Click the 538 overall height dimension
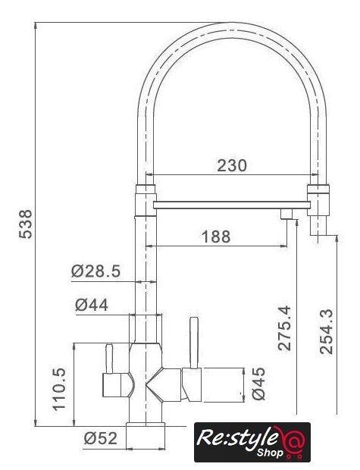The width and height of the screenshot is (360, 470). click(26, 224)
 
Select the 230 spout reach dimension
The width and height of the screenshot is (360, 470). click(232, 165)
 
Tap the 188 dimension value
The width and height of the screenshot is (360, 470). click(216, 237)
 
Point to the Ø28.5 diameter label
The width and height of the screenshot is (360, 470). click(95, 271)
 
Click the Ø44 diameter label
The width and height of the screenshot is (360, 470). click(92, 305)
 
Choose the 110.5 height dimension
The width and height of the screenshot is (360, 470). click(59, 389)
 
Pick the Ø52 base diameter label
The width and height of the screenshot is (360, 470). click(100, 438)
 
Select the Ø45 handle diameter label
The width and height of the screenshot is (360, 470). click(258, 384)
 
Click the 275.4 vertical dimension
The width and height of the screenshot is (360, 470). click(284, 328)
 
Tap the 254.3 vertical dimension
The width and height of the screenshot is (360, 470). click(326, 331)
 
